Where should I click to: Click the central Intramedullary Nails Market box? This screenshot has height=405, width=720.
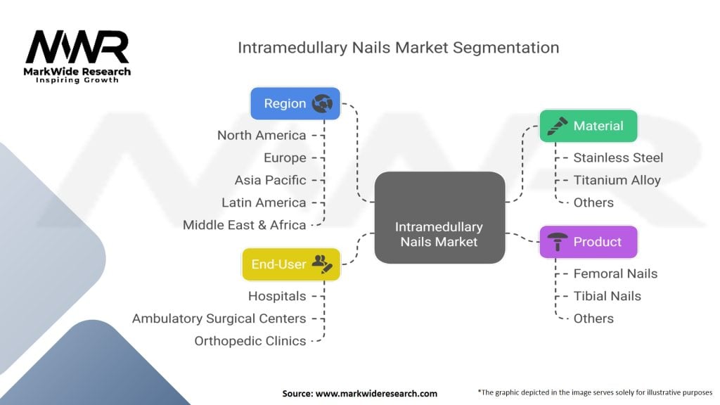[439, 218]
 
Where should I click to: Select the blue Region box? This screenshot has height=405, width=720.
[295, 103]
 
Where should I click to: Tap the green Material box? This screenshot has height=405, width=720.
[588, 126]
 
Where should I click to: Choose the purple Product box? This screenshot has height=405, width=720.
[588, 242]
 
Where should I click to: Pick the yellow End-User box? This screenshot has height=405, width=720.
[291, 264]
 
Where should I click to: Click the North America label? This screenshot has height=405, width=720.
[262, 135]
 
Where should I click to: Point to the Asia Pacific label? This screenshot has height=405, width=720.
[271, 180]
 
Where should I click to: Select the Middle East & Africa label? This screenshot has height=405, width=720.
[244, 225]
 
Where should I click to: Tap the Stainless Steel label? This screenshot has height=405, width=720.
[618, 157]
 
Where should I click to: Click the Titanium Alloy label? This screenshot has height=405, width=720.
[617, 180]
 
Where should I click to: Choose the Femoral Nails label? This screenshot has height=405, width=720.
[615, 274]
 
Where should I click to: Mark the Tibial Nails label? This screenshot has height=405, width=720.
[607, 296]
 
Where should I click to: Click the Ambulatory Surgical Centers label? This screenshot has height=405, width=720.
[219, 319]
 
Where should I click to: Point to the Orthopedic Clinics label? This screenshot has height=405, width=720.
[250, 341]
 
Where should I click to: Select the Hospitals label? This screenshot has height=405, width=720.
[277, 296]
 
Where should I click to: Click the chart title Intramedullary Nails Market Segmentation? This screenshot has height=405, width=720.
[398, 48]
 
